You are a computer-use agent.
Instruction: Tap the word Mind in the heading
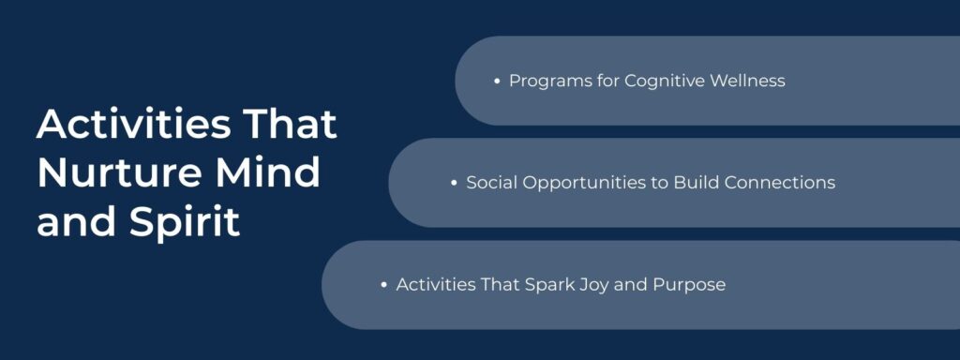pyautogui.click(x=277, y=174)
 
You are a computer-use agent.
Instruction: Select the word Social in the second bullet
pyautogui.click(x=490, y=183)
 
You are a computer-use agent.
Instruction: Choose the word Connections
pyautogui.click(x=779, y=183)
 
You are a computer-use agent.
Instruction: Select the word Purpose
pyautogui.click(x=692, y=284)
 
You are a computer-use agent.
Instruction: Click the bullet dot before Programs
pyautogui.click(x=497, y=82)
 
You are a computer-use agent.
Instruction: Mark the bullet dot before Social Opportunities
pyautogui.click(x=454, y=184)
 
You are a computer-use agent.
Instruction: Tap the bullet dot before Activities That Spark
pyautogui.click(x=384, y=285)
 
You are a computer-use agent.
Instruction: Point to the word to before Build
pyautogui.click(x=660, y=183)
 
